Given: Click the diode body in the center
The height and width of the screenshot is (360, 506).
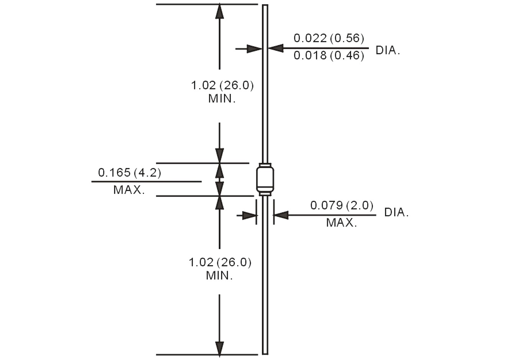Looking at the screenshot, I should click(x=265, y=179).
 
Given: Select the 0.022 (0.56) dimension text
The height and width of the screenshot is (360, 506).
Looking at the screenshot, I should click(x=329, y=38).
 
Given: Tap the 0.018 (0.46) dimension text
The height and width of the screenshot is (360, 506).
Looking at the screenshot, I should click(x=329, y=56).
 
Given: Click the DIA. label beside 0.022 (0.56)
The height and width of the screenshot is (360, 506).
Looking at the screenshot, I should click(x=388, y=50).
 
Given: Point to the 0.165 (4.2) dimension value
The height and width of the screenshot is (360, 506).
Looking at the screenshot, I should click(x=130, y=172).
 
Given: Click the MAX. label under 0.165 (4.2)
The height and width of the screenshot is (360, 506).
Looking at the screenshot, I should click(x=129, y=190).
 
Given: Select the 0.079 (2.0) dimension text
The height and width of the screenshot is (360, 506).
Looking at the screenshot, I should click(x=342, y=206).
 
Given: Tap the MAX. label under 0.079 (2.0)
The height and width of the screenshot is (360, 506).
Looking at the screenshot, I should click(x=342, y=223).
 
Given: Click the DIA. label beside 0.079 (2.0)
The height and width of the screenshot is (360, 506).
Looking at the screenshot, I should click(x=396, y=213).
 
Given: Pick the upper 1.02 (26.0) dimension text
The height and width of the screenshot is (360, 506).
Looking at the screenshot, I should click(x=222, y=85).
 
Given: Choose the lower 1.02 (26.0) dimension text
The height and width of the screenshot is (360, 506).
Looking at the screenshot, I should click(x=220, y=262).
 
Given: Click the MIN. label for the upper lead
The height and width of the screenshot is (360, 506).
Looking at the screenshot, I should click(x=222, y=98).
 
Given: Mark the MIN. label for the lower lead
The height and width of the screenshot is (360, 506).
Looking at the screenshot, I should click(x=219, y=275).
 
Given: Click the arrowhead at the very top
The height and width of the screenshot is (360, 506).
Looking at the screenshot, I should click(x=219, y=11).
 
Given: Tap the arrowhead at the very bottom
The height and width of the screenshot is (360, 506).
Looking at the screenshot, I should click(x=219, y=348).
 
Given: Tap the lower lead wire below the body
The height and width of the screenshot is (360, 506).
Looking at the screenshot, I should click(x=265, y=276).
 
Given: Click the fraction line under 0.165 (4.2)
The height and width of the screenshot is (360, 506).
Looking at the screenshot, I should click(x=146, y=181).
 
